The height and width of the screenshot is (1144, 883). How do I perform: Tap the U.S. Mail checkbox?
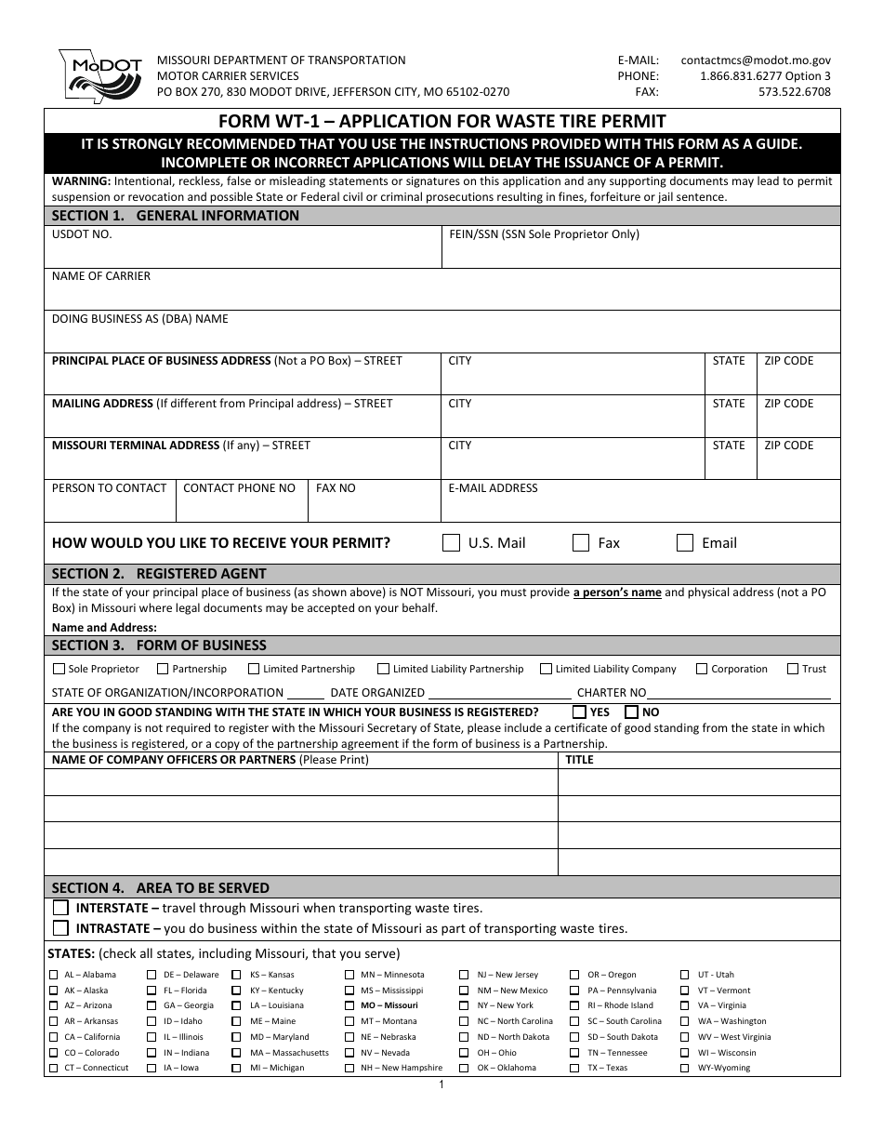point(452,543)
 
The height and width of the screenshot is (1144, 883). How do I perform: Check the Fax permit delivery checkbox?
point(581,543)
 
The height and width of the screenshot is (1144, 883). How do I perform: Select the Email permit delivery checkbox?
point(685,543)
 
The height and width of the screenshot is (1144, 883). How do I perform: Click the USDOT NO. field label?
point(82,234)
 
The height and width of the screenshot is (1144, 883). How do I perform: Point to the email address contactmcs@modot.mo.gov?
point(756,60)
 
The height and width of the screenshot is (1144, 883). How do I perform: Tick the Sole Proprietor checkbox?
point(59,669)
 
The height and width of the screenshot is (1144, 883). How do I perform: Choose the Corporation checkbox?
point(703,669)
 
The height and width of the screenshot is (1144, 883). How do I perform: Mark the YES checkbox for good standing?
point(580,712)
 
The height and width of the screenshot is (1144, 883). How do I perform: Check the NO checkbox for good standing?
point(632,712)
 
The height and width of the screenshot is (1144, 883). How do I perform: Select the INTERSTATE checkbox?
point(61,908)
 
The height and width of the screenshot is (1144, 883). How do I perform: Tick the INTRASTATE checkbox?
point(61,928)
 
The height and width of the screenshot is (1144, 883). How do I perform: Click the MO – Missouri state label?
point(389,1005)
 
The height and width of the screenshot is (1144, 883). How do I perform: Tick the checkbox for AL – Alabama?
point(53,975)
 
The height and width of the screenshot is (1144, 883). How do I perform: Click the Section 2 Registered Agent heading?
point(159,574)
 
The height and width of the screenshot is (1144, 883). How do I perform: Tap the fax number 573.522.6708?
point(795,92)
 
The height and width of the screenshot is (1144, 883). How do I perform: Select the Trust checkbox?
point(793,669)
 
